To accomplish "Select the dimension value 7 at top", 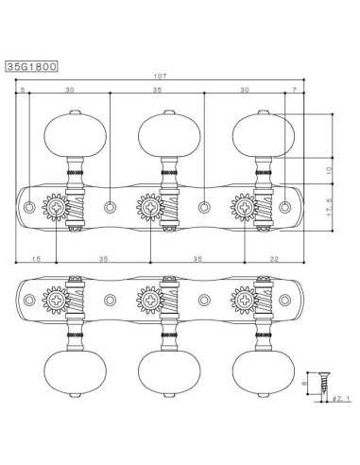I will (x=295, y=89).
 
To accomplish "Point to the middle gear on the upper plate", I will (x=148, y=206).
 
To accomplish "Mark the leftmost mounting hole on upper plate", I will (x=30, y=206).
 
